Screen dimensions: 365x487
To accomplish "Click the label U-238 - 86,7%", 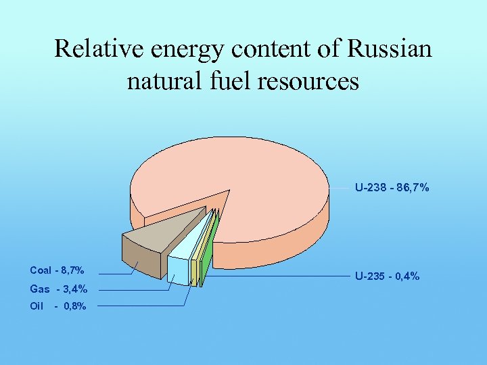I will point(392,187).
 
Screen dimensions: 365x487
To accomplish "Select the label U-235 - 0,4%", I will point(388,276).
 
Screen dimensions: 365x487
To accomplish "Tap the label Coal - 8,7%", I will point(57,270).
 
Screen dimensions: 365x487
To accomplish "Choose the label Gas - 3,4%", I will point(58,289).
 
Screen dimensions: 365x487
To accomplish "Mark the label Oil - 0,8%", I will point(58,306).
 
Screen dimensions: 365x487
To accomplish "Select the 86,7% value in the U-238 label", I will point(414,187).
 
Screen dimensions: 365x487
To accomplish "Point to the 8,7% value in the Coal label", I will point(72,270).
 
